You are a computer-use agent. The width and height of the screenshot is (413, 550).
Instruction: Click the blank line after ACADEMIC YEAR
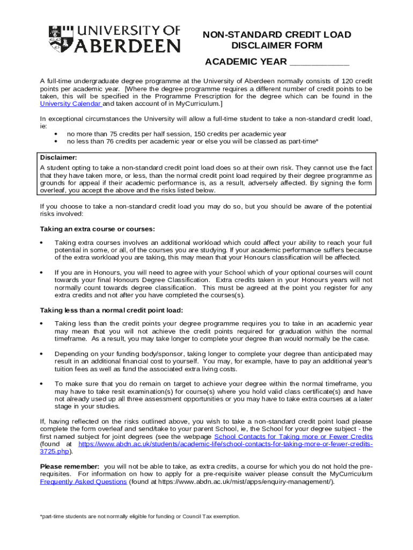[319, 62]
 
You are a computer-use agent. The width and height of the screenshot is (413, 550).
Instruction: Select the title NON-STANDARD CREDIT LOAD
[276, 35]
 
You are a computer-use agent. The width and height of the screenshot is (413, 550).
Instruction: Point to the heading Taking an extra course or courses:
[98, 229]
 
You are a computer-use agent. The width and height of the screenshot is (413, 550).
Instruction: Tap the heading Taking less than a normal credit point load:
[112, 310]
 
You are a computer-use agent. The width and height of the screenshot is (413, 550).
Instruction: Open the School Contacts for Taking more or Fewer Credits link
[293, 437]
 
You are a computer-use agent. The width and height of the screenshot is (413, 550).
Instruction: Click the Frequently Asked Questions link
[84, 482]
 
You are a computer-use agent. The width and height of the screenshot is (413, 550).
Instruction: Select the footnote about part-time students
[140, 516]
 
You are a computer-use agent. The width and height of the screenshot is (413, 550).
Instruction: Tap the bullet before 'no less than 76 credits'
[56, 142]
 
